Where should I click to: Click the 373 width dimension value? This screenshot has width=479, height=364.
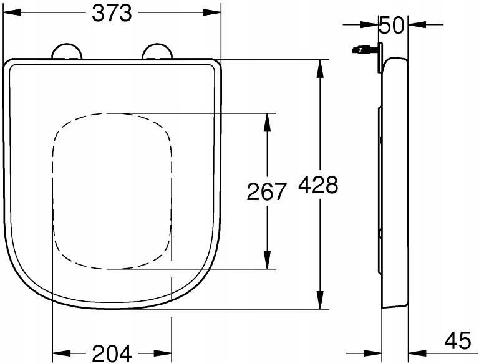point(112,12)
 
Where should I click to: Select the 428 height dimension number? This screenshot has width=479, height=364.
point(318,184)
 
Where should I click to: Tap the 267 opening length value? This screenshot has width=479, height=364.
point(266,191)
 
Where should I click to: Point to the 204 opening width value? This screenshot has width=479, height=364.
point(112,353)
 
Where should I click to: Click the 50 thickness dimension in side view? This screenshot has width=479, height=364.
point(392,26)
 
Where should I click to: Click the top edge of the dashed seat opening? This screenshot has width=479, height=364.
point(112,113)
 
